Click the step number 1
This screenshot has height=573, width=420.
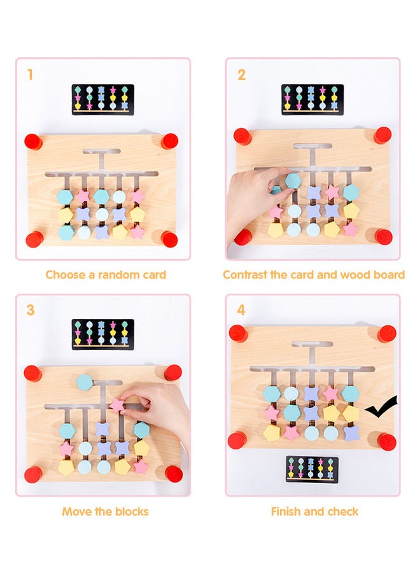pyautogui.click(x=30, y=75)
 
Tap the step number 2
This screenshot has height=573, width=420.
pyautogui.click(x=241, y=75)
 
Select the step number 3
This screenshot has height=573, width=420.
pyautogui.click(x=31, y=311)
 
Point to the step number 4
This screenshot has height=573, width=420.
pyautogui.click(x=241, y=311)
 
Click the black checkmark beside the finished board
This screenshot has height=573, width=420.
pyautogui.click(x=382, y=408)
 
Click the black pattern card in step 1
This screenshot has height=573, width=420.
pyautogui.click(x=102, y=99)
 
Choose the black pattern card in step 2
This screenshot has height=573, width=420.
pyautogui.click(x=312, y=99)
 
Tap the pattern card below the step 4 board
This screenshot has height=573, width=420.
pyautogui.click(x=312, y=469)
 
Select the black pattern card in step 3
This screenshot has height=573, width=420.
pyautogui.click(x=102, y=334)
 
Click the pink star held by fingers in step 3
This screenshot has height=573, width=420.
pyautogui.click(x=117, y=405)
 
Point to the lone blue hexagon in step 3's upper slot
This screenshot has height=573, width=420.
pyautogui.click(x=85, y=382)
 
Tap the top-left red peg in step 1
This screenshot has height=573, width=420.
pyautogui.click(x=33, y=141)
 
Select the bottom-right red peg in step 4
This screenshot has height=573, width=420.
pyautogui.click(x=386, y=441)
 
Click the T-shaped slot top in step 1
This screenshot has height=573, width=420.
pyautogui.click(x=101, y=152)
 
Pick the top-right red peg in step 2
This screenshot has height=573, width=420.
pyautogui.click(x=382, y=135)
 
